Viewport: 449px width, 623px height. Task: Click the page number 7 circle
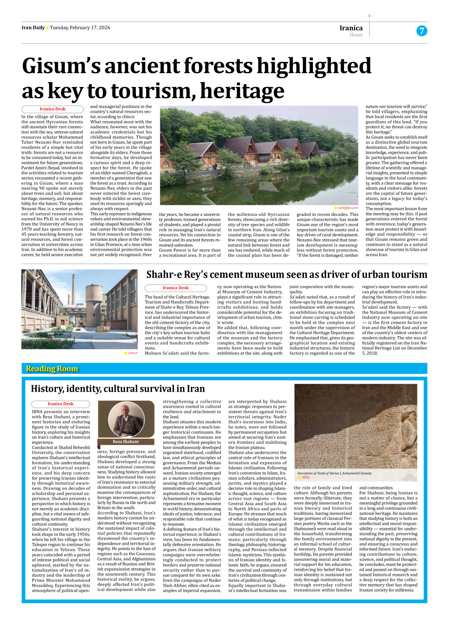pyautogui.click(x=422, y=31)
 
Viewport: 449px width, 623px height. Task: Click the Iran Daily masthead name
pyautogui.click(x=33, y=28)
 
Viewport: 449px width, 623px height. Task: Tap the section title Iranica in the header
pyautogui.click(x=351, y=28)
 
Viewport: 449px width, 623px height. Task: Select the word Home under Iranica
pyautogui.click(x=356, y=35)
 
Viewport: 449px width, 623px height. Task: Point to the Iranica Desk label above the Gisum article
pyautogui.click(x=52, y=109)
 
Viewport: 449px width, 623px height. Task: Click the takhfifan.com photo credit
pyautogui.click(x=348, y=208)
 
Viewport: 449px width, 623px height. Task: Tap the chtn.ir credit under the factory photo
pyautogui.click(x=133, y=353)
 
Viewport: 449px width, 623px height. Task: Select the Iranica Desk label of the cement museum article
pyautogui.click(x=175, y=288)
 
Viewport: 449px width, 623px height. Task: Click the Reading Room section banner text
pyautogui.click(x=52, y=369)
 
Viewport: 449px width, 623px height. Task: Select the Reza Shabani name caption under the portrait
pyautogui.click(x=125, y=442)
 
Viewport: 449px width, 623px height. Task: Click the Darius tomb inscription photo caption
pyautogui.click(x=334, y=473)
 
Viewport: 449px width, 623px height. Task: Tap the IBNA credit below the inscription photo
pyautogui.click(x=305, y=477)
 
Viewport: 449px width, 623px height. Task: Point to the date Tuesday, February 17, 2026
pyautogui.click(x=80, y=28)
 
